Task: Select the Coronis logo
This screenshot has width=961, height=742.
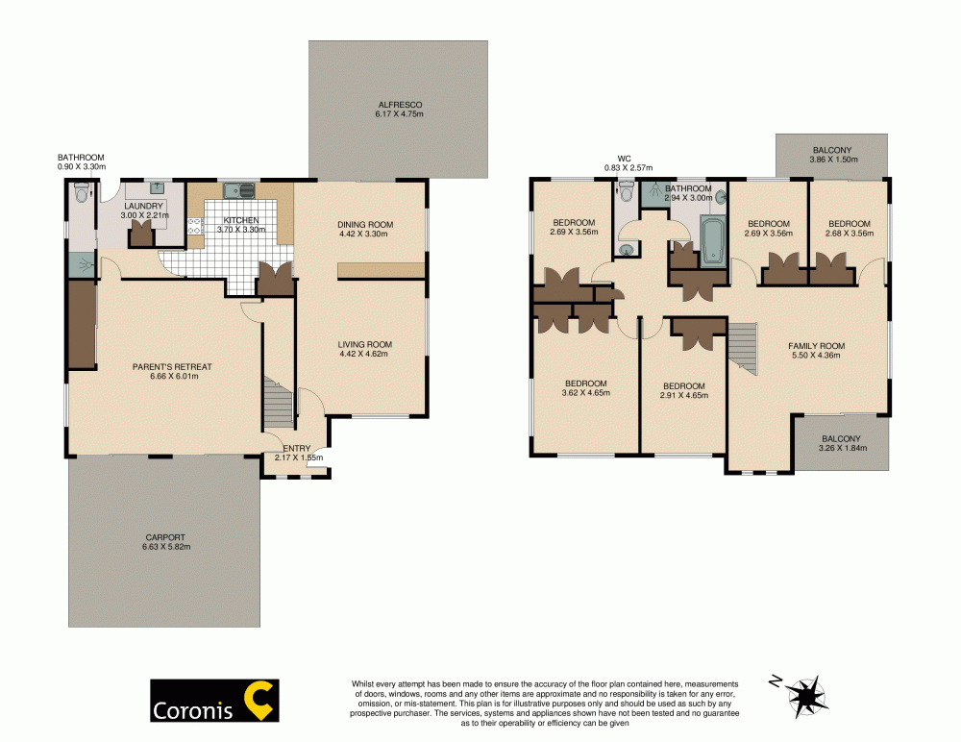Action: (x=214, y=701)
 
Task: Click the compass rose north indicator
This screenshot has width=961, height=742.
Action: (x=807, y=692)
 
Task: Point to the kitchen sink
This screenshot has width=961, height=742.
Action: (x=236, y=190)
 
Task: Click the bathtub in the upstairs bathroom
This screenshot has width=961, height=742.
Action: (x=711, y=239)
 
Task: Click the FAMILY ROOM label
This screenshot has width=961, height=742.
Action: (x=816, y=345)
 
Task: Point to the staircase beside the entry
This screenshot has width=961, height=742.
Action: (x=277, y=403)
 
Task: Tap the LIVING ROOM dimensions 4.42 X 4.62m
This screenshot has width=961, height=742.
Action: (x=364, y=355)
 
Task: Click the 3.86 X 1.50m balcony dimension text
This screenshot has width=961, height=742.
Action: (x=831, y=161)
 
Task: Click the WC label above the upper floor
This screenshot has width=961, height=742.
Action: (x=623, y=158)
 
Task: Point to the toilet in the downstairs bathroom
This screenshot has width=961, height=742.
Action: (x=80, y=196)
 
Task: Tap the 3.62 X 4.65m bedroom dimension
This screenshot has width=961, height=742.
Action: (x=585, y=392)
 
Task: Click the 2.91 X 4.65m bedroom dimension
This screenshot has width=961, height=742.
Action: (x=683, y=395)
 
